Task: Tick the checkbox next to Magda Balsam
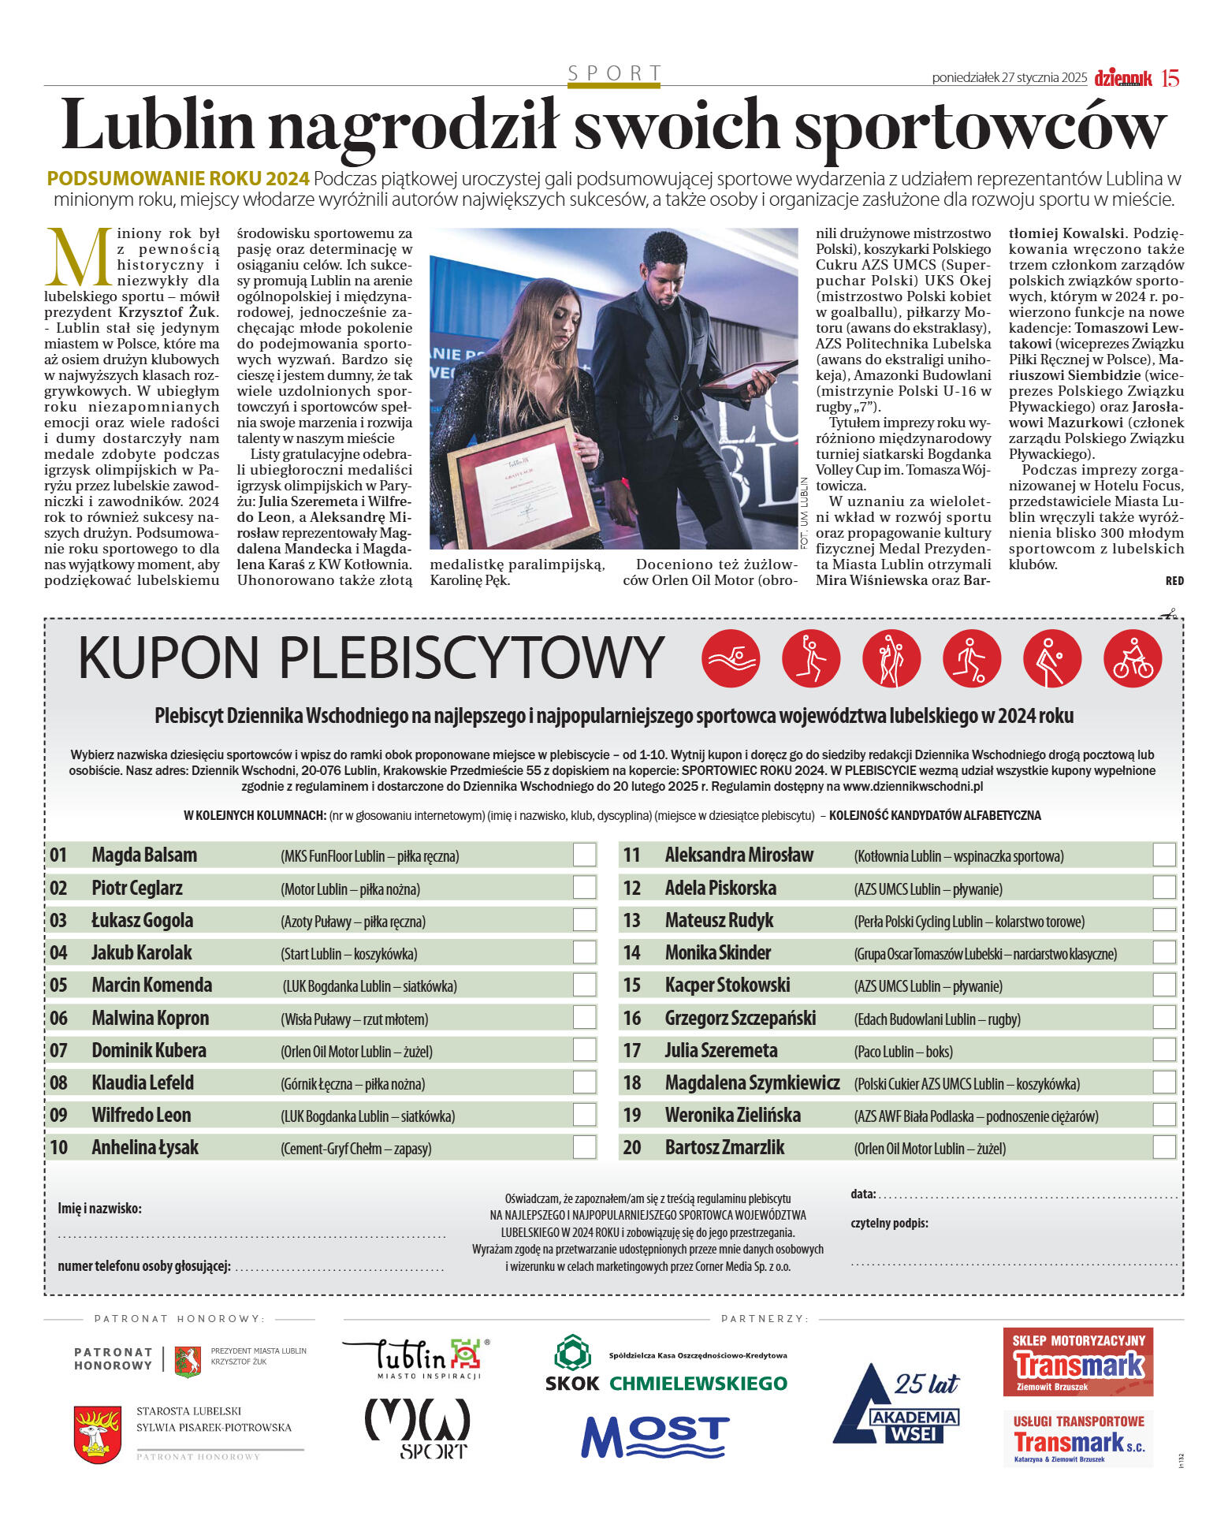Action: [584, 855]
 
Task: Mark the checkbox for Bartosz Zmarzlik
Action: [1163, 1147]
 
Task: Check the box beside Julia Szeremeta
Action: [1163, 1050]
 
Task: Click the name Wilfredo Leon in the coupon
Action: [141, 1115]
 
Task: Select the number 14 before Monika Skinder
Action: [632, 952]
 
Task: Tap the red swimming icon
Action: [731, 658]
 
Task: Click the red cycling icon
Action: [1133, 658]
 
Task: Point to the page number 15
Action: [1170, 78]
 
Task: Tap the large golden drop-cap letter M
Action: [80, 258]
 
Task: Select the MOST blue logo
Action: [655, 1436]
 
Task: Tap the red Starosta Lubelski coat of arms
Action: [98, 1434]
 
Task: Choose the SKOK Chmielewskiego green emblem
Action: [573, 1354]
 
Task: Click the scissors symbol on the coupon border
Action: [1168, 613]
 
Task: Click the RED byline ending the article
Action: [1174, 581]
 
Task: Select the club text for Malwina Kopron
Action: [354, 1019]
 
